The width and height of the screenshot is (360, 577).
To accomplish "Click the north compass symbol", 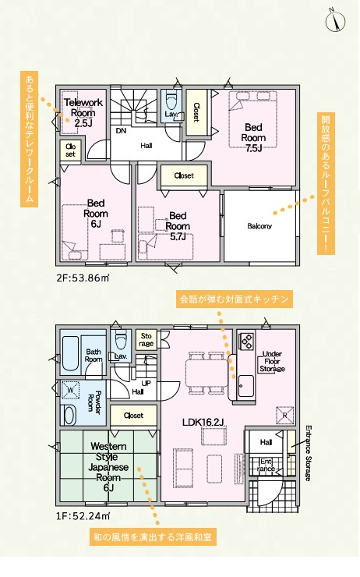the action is click(335, 20).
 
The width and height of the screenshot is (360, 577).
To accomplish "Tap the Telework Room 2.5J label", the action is click(83, 112).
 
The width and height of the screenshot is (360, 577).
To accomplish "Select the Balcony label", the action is click(259, 226).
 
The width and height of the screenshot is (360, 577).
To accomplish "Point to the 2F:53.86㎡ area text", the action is click(83, 278).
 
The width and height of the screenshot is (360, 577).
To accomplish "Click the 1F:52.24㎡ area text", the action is click(83, 516).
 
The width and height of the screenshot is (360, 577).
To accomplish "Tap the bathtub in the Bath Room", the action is click(70, 354).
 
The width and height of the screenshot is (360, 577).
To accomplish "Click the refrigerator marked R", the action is click(285, 415).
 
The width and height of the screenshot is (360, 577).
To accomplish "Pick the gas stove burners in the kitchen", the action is click(246, 341).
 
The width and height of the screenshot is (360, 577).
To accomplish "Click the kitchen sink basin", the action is click(245, 386).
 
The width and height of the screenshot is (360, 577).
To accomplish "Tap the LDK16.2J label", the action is click(203, 422).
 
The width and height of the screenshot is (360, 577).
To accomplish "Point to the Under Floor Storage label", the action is click(272, 361).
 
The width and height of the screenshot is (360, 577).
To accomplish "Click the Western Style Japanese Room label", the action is click(108, 467).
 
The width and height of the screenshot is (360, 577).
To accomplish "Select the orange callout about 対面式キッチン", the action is click(235, 299).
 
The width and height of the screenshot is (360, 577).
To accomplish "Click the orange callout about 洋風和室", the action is click(153, 537).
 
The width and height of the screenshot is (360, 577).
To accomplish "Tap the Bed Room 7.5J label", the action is click(253, 138).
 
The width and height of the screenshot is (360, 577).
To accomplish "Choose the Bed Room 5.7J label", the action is click(178, 226).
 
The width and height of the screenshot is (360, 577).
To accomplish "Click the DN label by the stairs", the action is click(121, 131).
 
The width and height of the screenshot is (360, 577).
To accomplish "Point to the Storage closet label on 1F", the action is click(146, 340).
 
